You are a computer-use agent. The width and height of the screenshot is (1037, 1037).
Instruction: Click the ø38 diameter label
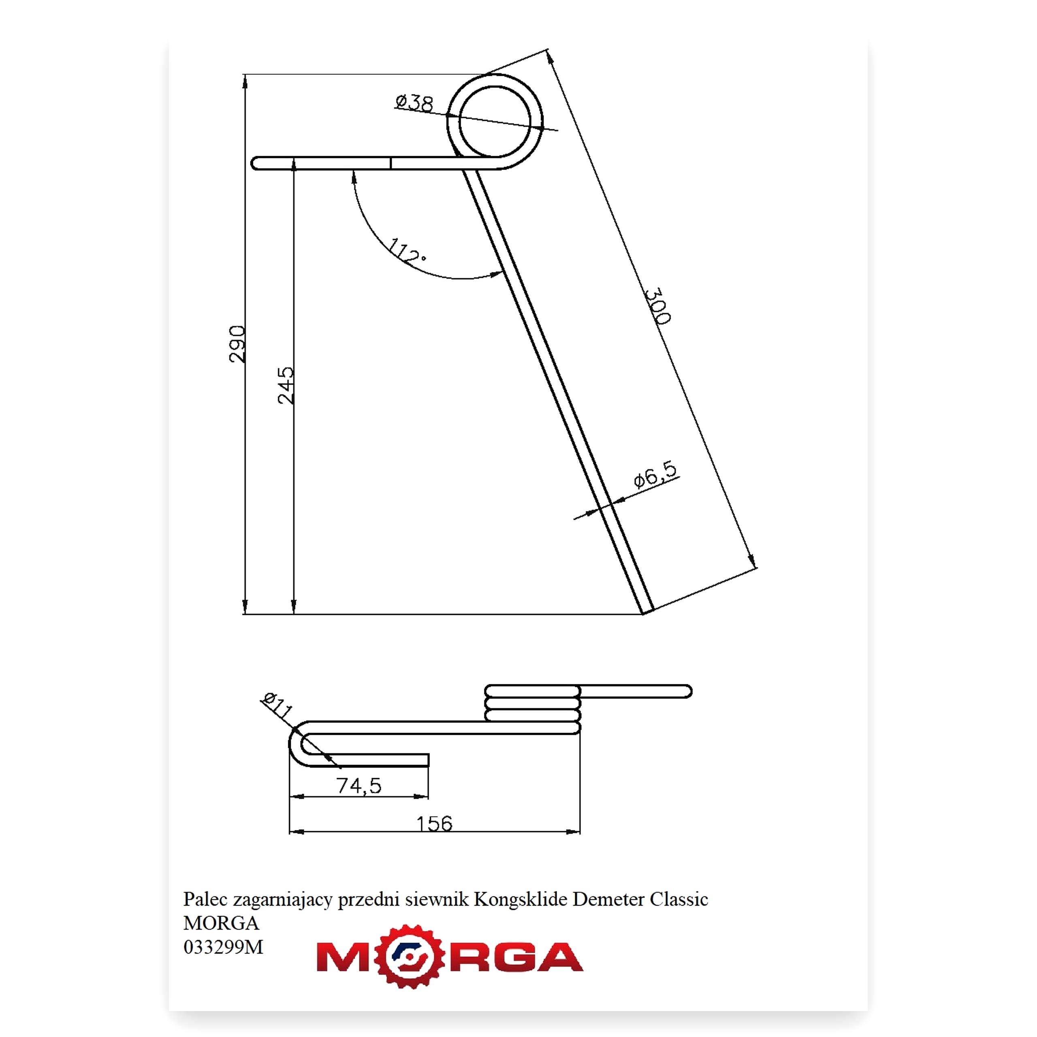414,102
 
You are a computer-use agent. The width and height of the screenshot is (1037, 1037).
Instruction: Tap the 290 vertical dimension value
237,344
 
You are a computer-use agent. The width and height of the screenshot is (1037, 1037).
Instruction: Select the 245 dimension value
286,385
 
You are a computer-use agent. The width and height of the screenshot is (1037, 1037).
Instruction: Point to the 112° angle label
406,251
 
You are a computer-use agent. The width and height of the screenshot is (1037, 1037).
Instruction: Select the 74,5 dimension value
359,786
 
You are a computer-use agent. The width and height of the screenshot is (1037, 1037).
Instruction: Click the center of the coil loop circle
495,122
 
